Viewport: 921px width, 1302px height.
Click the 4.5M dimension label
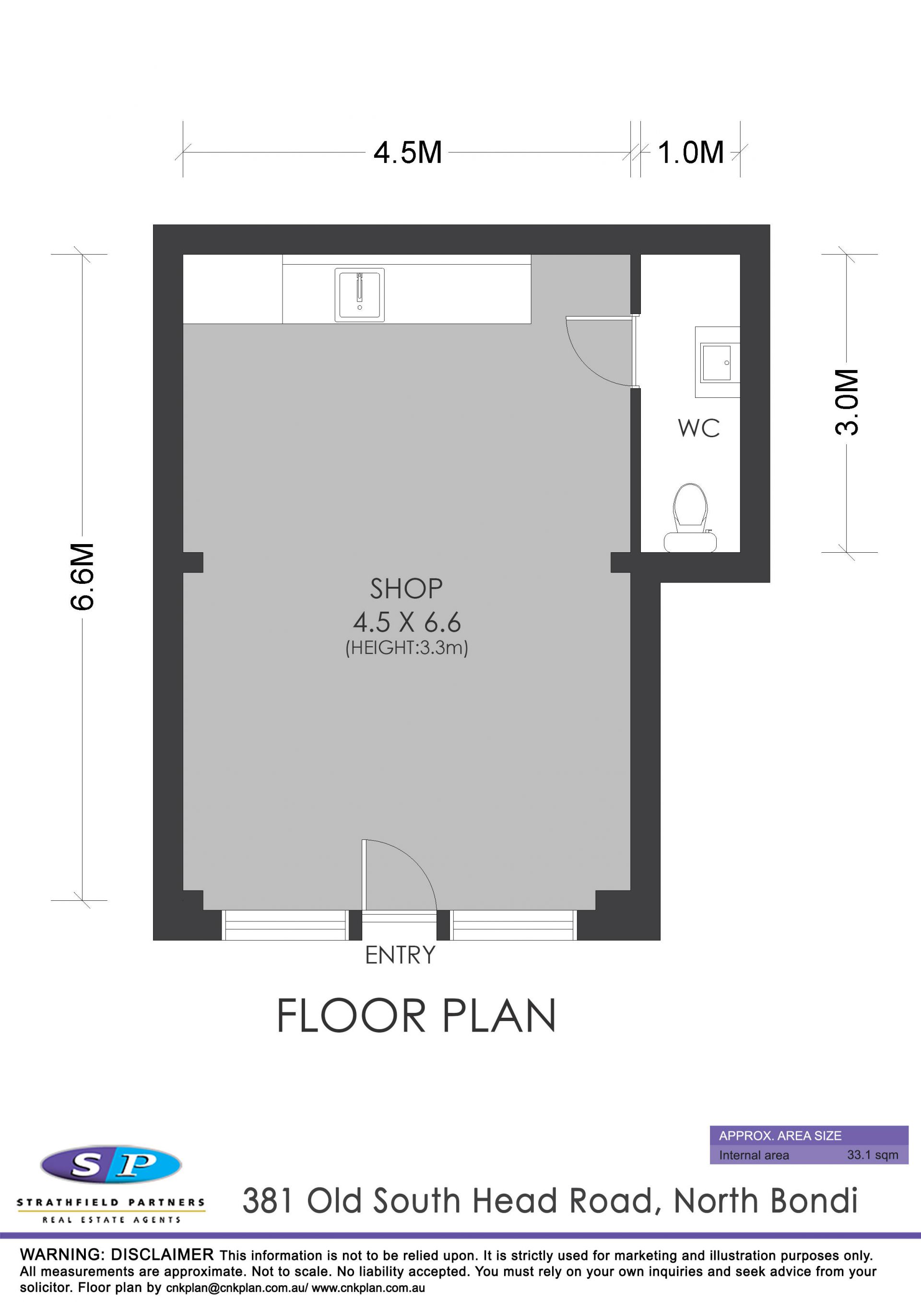coord(407,152)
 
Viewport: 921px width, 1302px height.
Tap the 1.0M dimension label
coord(691,152)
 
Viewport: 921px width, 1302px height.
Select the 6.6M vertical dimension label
coord(83,576)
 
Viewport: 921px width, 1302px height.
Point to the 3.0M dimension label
coord(847,402)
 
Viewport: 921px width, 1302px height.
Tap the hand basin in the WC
coord(717,362)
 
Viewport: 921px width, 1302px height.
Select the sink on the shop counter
coord(359,295)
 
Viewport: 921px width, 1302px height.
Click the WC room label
coord(698,429)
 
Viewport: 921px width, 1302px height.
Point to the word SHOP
coord(406,589)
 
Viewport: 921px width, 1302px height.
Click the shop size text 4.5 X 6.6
coord(407,623)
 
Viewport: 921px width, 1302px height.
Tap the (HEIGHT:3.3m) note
coord(407,648)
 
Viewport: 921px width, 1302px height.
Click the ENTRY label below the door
coord(400,955)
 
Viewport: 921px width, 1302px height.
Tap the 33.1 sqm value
coord(873,1154)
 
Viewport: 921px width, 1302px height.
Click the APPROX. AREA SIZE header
coord(780,1135)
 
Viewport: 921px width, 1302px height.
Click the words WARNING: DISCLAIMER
coord(117,1255)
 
